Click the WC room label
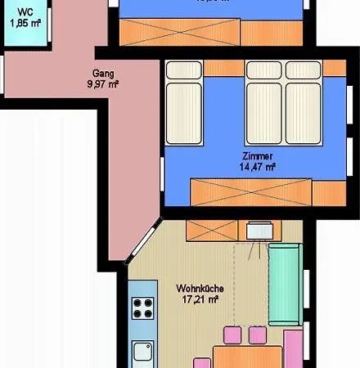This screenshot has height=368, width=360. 25,12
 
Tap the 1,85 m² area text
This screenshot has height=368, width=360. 25,23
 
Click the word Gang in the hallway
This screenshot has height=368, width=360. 103,72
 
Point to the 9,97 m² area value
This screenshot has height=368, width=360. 103,83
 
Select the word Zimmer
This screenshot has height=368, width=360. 257,155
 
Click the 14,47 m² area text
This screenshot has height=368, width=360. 257,167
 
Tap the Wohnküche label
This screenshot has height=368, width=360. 200,288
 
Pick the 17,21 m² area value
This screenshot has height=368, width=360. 200,300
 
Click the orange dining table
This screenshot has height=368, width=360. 245,357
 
